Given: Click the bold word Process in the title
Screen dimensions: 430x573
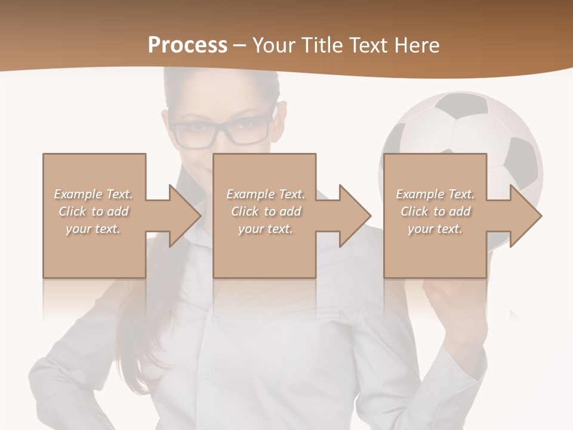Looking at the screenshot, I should click(187, 45).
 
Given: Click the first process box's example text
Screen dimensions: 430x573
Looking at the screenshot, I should click(94, 211).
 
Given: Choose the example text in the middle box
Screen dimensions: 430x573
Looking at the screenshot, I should click(265, 211).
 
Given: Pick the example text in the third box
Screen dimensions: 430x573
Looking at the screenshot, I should click(435, 211).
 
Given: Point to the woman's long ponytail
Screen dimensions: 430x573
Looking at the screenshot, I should click(128, 334).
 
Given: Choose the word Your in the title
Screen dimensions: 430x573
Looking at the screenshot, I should click(272, 45).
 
